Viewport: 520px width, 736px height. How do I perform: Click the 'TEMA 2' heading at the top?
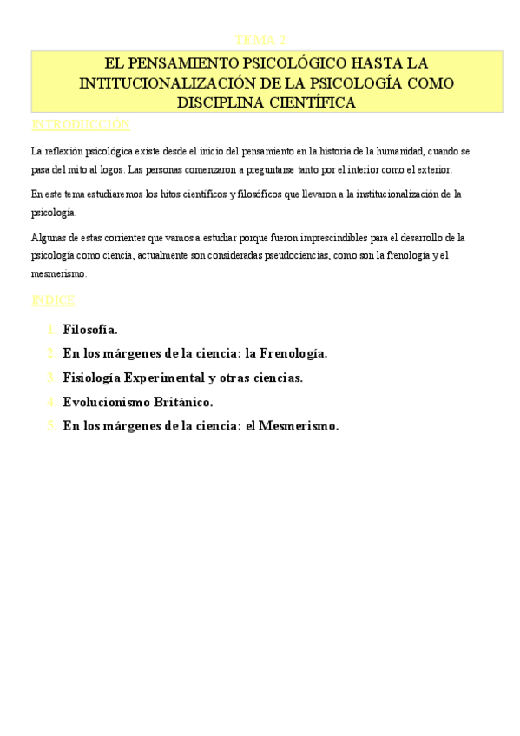point(260,40)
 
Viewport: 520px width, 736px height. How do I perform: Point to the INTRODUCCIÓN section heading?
point(80,124)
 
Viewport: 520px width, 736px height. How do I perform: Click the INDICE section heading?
point(54,300)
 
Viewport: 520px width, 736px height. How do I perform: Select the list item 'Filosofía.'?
point(90,330)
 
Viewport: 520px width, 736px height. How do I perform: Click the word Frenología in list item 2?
point(293,353)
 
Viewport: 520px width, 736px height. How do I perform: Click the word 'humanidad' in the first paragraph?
point(397,151)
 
